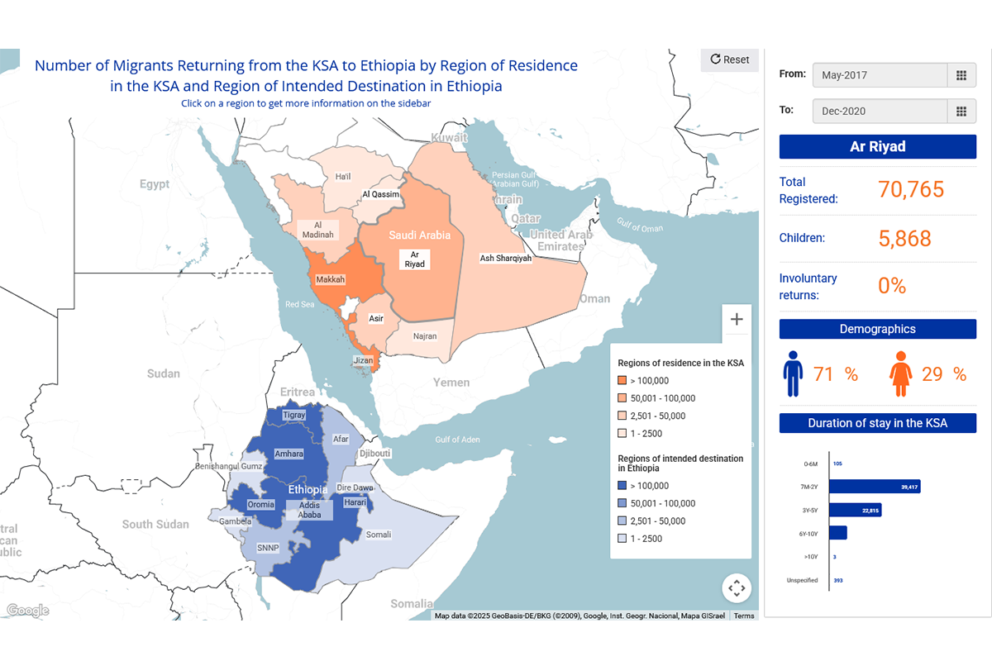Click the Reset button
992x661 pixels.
[729, 59]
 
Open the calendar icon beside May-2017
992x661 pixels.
[961, 75]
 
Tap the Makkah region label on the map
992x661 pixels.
[329, 279]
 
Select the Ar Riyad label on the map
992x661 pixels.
[414, 259]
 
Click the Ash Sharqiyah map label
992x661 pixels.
[506, 258]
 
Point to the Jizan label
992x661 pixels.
[364, 360]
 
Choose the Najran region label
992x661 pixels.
[424, 337]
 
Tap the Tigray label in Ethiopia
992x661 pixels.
[294, 415]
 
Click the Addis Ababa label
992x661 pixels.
[309, 509]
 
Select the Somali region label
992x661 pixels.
[378, 534]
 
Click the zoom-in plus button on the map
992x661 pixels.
[737, 319]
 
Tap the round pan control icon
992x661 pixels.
[737, 588]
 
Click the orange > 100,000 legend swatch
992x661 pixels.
[622, 381]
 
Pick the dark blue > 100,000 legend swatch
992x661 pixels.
[622, 486]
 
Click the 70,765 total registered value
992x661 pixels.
[910, 189]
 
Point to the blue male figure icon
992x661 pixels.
[793, 374]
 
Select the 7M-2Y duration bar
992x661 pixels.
[875, 487]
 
